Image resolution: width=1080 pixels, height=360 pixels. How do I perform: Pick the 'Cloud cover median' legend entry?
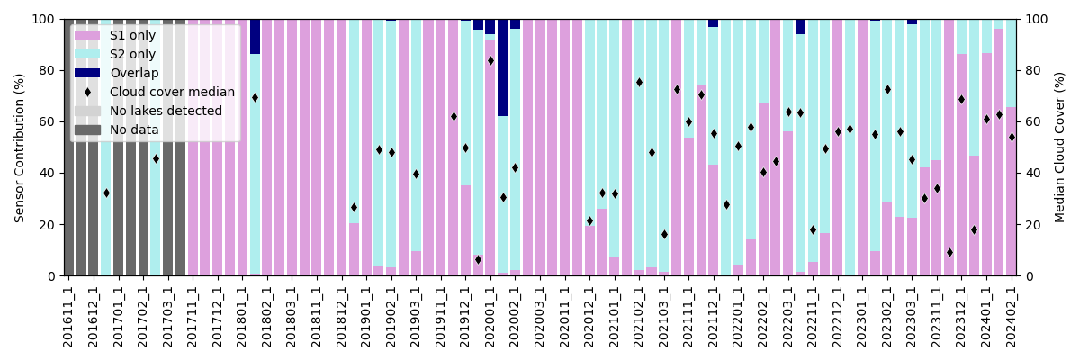(172, 92)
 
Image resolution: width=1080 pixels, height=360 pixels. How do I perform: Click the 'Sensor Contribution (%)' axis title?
(20, 148)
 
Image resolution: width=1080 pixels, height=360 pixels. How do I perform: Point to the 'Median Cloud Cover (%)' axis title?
(1060, 148)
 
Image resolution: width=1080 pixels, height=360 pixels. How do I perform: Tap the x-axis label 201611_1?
(69, 316)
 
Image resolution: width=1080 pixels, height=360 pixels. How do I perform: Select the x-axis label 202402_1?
(1012, 316)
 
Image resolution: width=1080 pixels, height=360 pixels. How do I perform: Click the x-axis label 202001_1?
(490, 316)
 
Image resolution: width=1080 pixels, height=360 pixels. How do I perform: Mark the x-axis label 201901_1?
(366, 316)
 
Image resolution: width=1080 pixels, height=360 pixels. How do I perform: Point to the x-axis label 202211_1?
(814, 316)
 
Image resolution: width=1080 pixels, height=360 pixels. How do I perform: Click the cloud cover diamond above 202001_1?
(490, 61)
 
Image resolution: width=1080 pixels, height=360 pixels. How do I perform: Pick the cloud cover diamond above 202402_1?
(1012, 137)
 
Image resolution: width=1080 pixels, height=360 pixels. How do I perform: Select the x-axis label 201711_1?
(193, 316)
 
